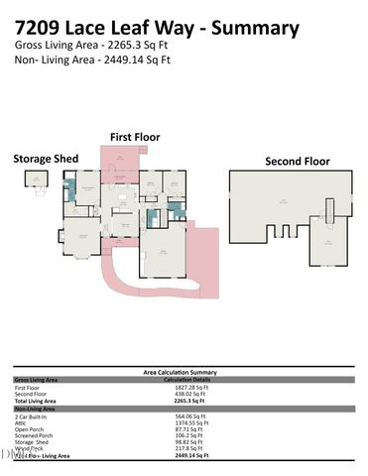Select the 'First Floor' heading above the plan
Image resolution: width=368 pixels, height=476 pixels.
pos(135,137)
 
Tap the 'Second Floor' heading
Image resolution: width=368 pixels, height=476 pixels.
pos(297,161)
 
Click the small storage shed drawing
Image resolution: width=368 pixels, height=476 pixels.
pos(36,181)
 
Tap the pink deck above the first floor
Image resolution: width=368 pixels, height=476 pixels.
pos(123,159)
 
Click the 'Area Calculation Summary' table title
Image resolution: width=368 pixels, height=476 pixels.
pos(184,372)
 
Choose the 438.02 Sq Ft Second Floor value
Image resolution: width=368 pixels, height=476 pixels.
pos(183,393)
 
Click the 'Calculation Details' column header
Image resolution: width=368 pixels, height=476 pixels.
pos(184,379)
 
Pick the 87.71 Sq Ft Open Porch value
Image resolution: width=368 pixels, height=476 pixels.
pos(183,428)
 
